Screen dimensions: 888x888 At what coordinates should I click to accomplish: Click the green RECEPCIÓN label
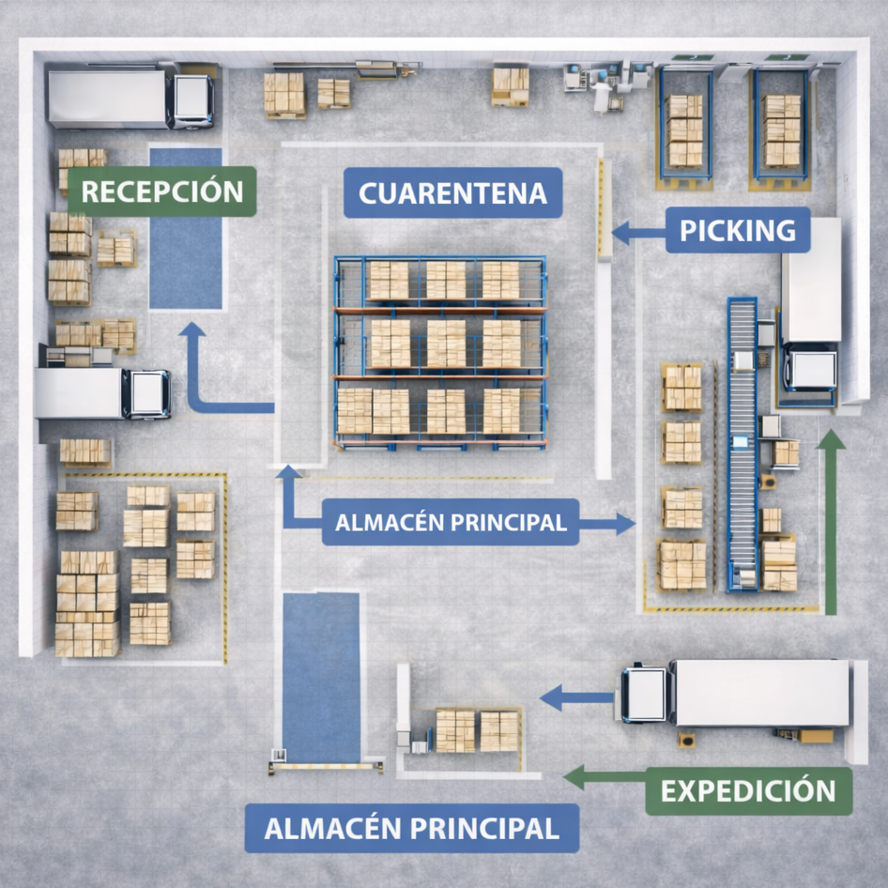tap(162, 191)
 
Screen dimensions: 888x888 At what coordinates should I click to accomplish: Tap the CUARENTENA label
tap(453, 192)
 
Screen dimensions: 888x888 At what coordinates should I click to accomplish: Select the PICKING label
tap(738, 230)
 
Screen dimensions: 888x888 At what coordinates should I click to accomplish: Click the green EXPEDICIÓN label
tap(749, 791)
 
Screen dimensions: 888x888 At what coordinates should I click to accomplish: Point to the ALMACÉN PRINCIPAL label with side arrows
tap(451, 522)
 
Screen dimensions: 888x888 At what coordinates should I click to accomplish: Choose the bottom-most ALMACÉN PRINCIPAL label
tap(412, 828)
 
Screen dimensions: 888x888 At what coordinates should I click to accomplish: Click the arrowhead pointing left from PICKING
tap(620, 233)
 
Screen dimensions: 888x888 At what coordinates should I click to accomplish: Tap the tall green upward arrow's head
tap(831, 439)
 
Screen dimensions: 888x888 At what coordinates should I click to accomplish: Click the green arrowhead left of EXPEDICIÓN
tap(574, 777)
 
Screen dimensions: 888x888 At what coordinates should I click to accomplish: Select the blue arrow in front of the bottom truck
tap(577, 697)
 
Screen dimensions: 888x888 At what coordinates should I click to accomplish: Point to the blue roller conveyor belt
tap(743, 444)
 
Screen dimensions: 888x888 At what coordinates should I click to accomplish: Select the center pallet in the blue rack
tap(446, 344)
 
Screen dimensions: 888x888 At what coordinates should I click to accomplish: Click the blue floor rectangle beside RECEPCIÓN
tap(186, 229)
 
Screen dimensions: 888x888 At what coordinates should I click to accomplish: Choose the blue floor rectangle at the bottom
tap(321, 678)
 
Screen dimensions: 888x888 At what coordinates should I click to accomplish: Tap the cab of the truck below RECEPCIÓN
tap(146, 394)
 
